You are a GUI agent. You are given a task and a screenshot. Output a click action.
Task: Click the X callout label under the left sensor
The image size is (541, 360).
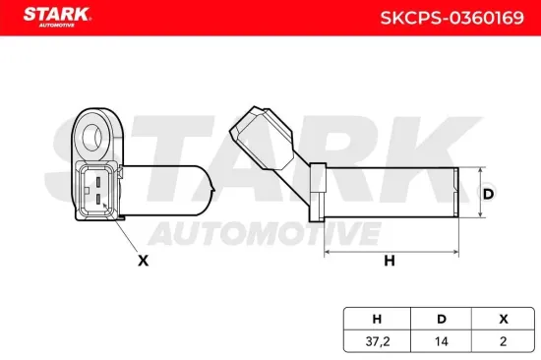click(144, 261)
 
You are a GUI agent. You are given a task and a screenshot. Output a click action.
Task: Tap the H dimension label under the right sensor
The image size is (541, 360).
click(389, 261)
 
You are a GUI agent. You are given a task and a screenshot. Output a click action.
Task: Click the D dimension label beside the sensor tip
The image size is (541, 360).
click(488, 194)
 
